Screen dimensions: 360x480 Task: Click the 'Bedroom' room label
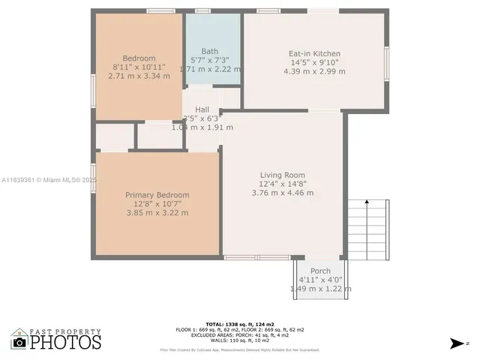(139, 58)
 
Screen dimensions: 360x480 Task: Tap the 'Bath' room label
(209, 51)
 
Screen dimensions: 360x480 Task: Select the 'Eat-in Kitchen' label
(314, 54)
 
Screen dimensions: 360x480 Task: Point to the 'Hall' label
(202, 109)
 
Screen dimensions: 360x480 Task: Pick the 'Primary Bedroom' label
(157, 195)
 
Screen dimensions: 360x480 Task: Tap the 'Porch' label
(320, 271)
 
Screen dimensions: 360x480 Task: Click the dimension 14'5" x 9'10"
(314, 63)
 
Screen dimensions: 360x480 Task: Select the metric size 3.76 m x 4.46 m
(283, 193)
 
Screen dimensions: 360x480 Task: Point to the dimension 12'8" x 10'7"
(157, 204)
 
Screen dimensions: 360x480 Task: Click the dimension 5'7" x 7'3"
(209, 60)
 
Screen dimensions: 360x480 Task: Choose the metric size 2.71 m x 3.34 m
(139, 76)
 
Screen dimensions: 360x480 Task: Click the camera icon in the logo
(19, 343)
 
